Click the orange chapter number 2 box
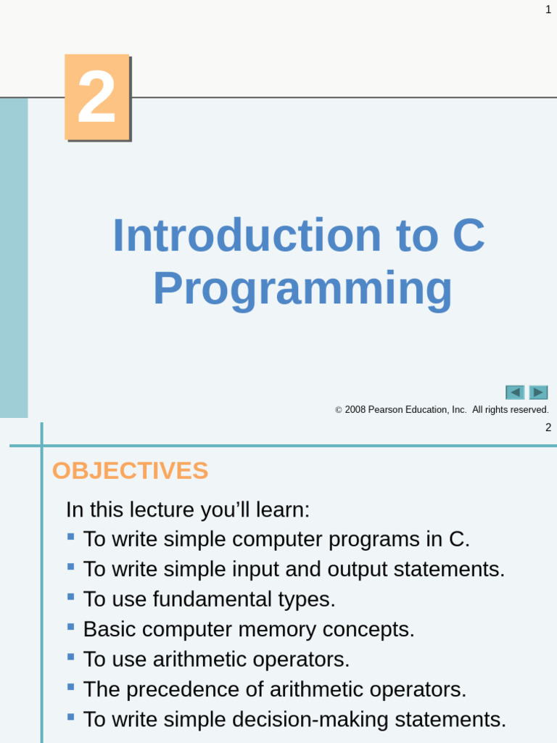pyautogui.click(x=96, y=97)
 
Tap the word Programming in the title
pyautogui.click(x=302, y=288)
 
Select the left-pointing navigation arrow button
pyautogui.click(x=515, y=393)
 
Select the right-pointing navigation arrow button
pyautogui.click(x=538, y=393)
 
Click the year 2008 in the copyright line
pyautogui.click(x=355, y=410)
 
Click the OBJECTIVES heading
pyautogui.click(x=130, y=471)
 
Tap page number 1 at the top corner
pyautogui.click(x=548, y=9)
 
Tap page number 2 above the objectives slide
pyautogui.click(x=548, y=427)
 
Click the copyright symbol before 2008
pyautogui.click(x=339, y=411)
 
